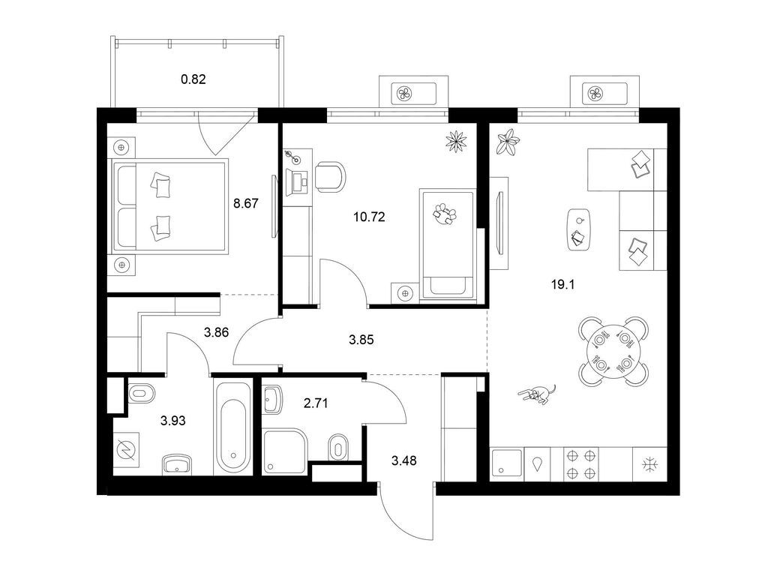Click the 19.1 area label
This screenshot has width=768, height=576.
[x=562, y=284]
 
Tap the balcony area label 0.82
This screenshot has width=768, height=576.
[x=193, y=79]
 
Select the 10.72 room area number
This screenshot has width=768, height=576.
[x=369, y=217]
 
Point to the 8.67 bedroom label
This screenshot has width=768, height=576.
[x=245, y=203]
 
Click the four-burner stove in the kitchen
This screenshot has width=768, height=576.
[x=581, y=463]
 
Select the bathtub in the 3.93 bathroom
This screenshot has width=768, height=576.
[x=233, y=426]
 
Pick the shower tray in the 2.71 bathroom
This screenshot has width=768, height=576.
[x=285, y=451]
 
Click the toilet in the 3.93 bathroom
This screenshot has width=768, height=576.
[x=142, y=393]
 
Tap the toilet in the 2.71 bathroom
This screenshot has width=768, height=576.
[x=337, y=447]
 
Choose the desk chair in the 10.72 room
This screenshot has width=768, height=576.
[x=330, y=176]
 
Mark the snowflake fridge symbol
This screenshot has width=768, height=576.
[x=650, y=463]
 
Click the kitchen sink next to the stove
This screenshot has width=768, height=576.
[x=507, y=463]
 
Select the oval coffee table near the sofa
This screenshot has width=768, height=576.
[x=579, y=230]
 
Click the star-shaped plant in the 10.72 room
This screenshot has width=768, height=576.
[x=456, y=141]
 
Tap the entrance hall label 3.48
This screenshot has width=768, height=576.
[x=404, y=460]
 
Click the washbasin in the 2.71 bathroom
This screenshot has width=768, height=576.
[x=271, y=399]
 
